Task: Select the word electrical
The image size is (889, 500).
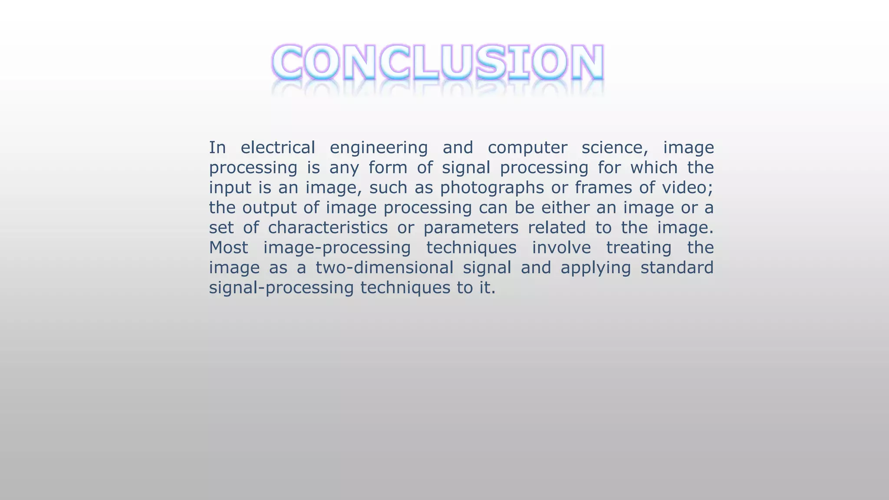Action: click(278, 148)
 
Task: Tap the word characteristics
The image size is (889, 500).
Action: click(328, 227)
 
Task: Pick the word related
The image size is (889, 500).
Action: click(556, 227)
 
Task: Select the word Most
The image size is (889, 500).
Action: click(229, 247)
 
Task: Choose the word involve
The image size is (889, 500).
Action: click(561, 247)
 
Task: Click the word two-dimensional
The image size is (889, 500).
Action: click(384, 267)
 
